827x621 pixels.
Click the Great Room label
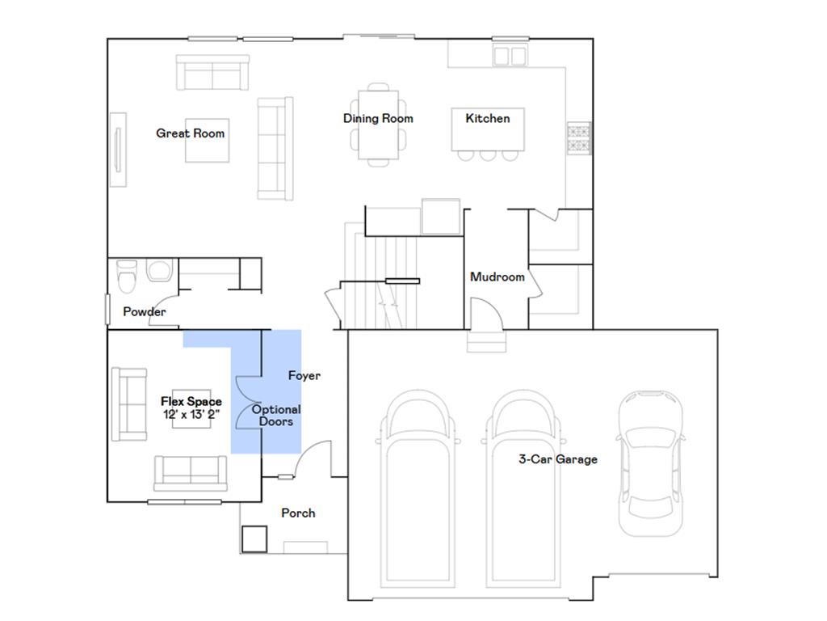coord(191,133)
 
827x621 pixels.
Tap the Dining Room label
coord(378,118)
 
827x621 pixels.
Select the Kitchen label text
coord(488,118)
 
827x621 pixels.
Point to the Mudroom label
coord(497,277)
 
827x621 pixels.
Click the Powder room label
coord(145,311)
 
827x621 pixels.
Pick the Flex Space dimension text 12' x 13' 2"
coord(191,415)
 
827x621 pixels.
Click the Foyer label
coord(304,375)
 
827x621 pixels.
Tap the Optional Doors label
coord(276,416)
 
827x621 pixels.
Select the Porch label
coord(298,513)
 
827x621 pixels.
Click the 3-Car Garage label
coord(558,459)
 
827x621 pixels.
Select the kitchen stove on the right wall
coord(580,137)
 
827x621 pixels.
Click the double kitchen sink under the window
coord(510,55)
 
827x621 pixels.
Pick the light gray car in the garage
coord(650,465)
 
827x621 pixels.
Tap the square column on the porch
coord(254,539)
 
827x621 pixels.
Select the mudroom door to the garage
coord(485,314)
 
